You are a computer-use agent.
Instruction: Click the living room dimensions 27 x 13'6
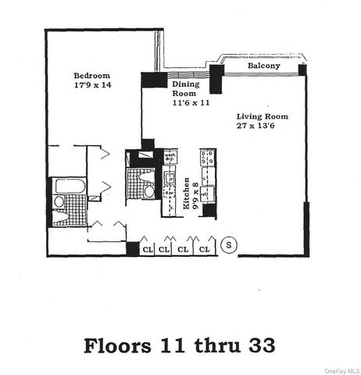tap(258, 128)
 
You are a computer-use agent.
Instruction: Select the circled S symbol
tap(229, 245)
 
